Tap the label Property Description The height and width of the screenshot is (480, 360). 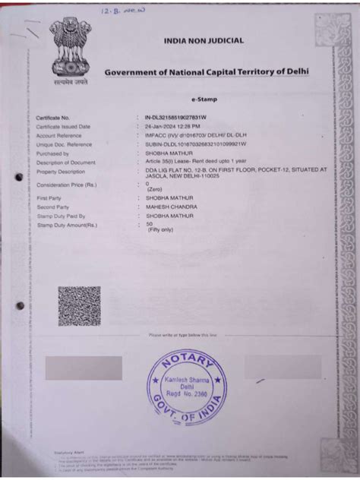pyautogui.click(x=64, y=171)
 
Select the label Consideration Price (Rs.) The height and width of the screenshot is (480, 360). pyautogui.click(x=67, y=184)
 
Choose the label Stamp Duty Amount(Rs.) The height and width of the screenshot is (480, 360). pyautogui.click(x=67, y=225)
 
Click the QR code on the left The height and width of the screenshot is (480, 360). pyautogui.click(x=79, y=305)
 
